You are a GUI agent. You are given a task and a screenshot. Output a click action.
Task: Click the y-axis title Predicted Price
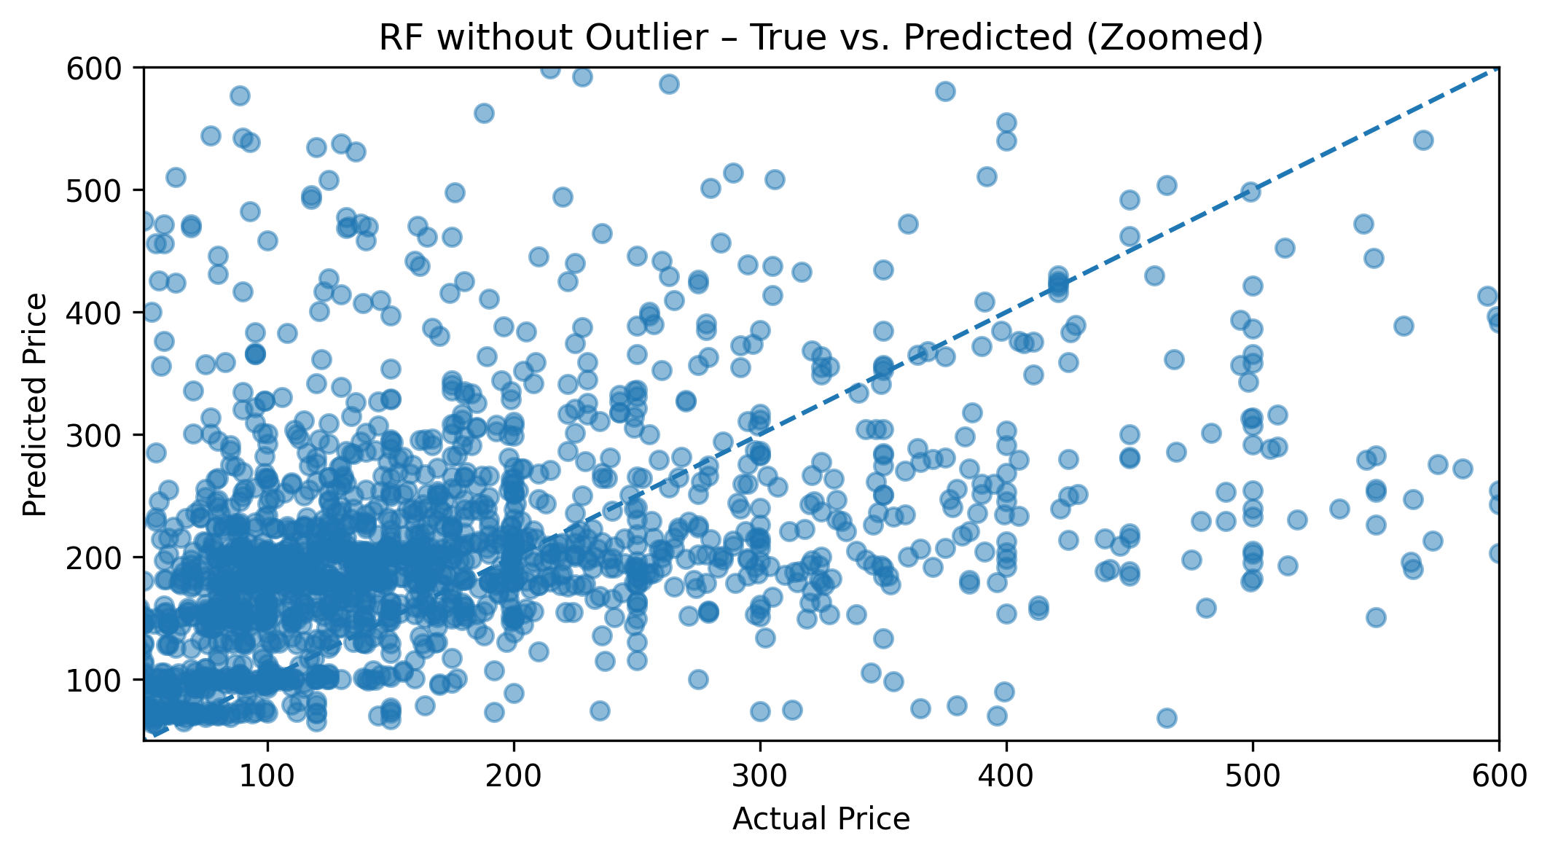34,404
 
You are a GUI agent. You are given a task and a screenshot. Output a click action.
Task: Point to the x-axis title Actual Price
821,819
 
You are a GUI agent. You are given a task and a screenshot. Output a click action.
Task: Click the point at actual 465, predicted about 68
1167,719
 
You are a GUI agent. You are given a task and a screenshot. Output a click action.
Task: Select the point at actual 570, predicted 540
1423,140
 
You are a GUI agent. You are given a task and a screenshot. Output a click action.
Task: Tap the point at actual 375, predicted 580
945,91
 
